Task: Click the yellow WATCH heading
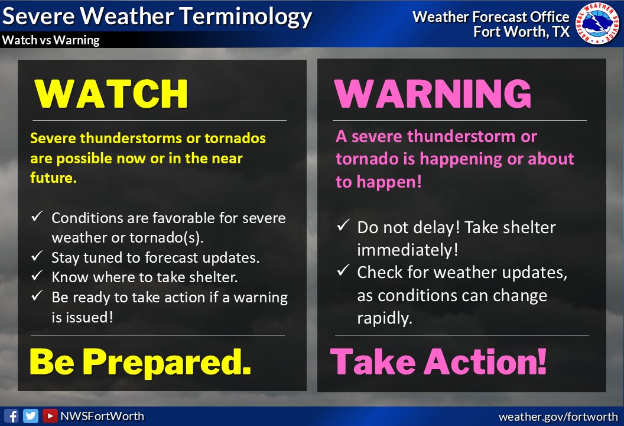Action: click(111, 93)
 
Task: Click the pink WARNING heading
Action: click(433, 93)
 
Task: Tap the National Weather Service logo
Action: click(597, 24)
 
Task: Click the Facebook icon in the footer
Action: click(11, 416)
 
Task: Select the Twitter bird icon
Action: click(31, 416)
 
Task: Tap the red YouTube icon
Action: click(50, 416)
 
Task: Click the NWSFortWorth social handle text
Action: click(102, 416)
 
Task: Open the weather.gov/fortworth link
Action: click(558, 417)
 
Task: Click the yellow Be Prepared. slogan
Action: click(141, 362)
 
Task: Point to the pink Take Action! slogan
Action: click(438, 362)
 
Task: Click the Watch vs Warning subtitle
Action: click(51, 40)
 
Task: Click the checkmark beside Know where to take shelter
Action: click(37, 277)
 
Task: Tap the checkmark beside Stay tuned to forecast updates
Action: click(37, 257)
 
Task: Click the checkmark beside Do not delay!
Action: click(343, 227)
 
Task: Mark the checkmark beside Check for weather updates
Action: click(343, 272)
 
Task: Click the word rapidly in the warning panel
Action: click(383, 318)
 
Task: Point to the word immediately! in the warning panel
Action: click(407, 250)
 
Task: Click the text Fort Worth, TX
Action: click(521, 31)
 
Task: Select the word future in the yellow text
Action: click(53, 177)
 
